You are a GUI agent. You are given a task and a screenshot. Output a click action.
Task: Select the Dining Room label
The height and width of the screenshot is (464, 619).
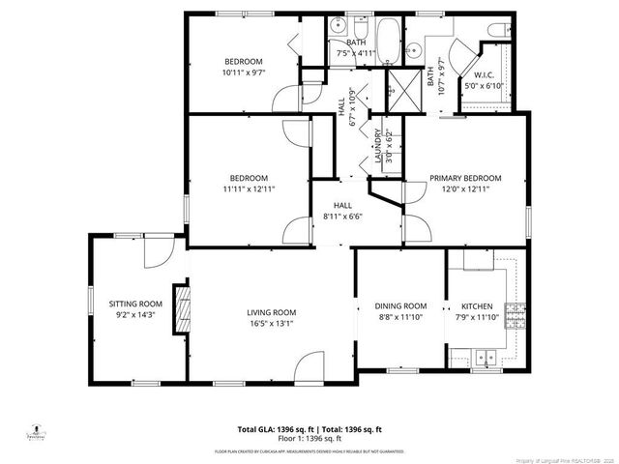pos(400,305)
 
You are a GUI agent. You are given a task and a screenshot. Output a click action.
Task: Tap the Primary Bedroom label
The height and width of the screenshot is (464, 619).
pos(465,178)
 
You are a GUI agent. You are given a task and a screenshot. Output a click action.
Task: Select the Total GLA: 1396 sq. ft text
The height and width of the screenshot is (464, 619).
pos(268,429)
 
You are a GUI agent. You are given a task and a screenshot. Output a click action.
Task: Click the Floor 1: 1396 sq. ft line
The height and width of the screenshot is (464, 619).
pos(309,438)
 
